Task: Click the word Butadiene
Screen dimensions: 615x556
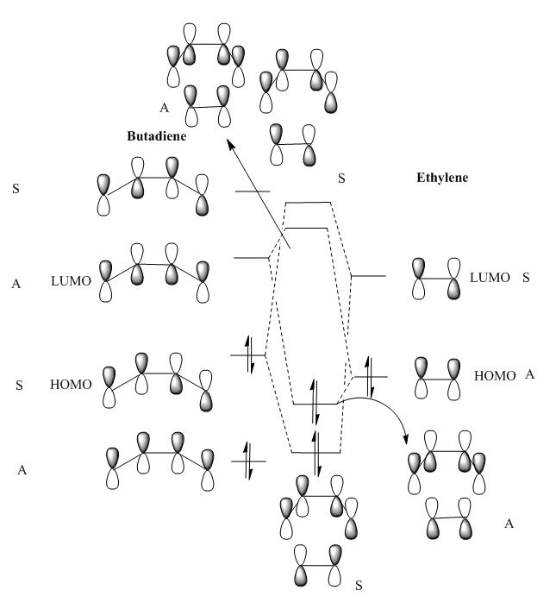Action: [157, 136]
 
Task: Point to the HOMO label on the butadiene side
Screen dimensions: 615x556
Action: [72, 385]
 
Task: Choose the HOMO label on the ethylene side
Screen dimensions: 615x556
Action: [495, 375]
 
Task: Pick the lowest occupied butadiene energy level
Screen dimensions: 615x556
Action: [249, 461]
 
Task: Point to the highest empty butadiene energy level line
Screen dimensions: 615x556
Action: [253, 191]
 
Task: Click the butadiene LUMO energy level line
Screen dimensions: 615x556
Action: [253, 258]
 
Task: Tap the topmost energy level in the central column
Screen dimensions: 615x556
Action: [309, 202]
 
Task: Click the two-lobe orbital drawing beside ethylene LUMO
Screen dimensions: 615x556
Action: [436, 279]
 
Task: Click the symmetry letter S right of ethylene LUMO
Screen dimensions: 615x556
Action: [527, 278]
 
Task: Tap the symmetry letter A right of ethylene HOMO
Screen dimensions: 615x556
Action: [530, 374]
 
